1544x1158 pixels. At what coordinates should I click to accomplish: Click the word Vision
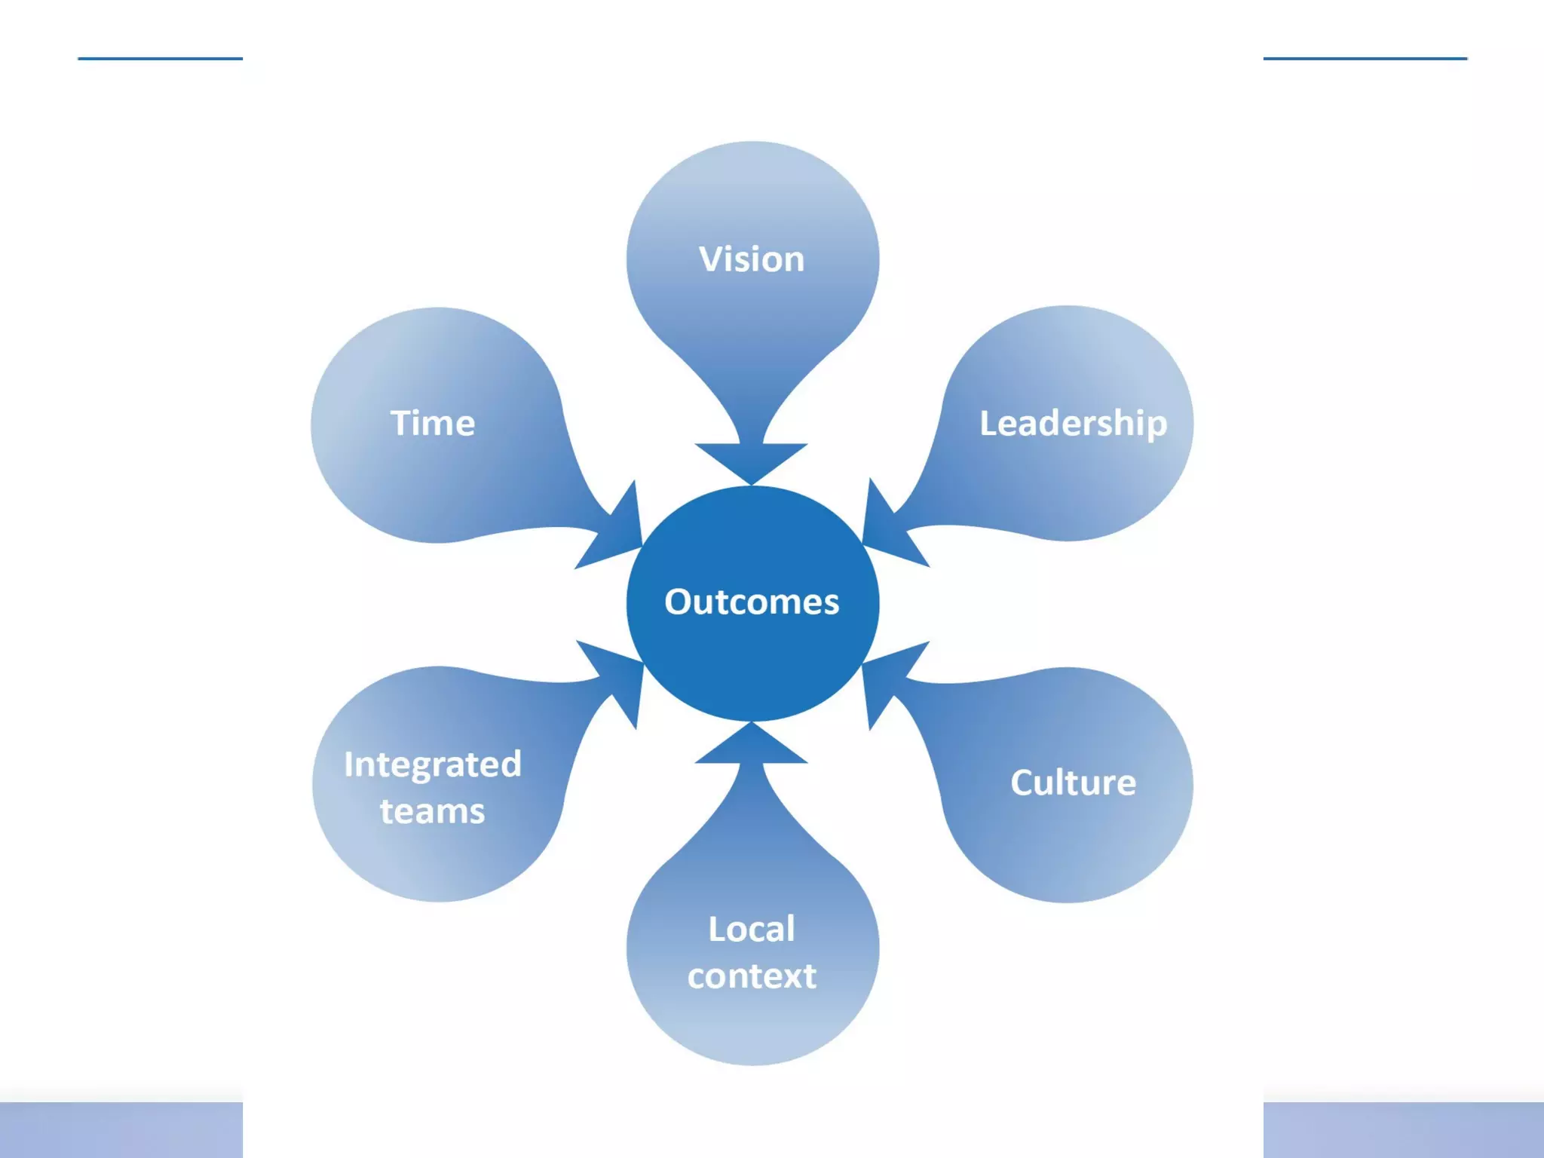pyautogui.click(x=752, y=259)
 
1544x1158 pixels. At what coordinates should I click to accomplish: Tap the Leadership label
pyautogui.click(x=1073, y=423)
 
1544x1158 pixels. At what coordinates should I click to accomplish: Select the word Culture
pyautogui.click(x=1073, y=783)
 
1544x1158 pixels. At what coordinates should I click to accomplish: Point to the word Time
pyautogui.click(x=433, y=423)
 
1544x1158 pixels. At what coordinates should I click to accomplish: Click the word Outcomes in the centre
pyautogui.click(x=752, y=602)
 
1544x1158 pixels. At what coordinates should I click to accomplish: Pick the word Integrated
pyautogui.click(x=433, y=764)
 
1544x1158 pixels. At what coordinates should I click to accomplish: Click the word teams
pyautogui.click(x=433, y=812)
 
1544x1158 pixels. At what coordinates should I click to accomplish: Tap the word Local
pyautogui.click(x=752, y=929)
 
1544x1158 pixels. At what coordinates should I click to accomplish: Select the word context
pyautogui.click(x=752, y=976)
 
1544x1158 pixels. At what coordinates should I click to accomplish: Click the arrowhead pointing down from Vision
pyautogui.click(x=752, y=460)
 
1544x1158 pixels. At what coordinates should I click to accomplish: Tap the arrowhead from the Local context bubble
pyautogui.click(x=752, y=746)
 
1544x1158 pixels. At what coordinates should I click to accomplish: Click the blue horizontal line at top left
pyautogui.click(x=160, y=58)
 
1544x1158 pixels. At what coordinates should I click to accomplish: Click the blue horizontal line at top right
pyautogui.click(x=1365, y=58)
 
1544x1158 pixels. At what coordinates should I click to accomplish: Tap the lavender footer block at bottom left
pyautogui.click(x=121, y=1129)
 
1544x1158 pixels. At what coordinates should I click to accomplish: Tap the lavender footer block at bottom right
pyautogui.click(x=1403, y=1129)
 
